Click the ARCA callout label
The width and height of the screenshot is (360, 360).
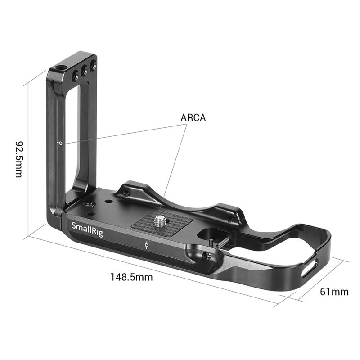pyautogui.click(x=193, y=118)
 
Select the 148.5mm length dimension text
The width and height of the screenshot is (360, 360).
pyautogui.click(x=131, y=277)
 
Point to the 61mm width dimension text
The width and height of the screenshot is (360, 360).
pyautogui.click(x=334, y=292)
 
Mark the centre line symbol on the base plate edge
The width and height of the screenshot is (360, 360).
pyautogui.click(x=147, y=245)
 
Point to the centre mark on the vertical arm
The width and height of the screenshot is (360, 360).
pyautogui.click(x=61, y=144)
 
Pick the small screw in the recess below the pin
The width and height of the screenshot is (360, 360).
pyautogui.click(x=208, y=255)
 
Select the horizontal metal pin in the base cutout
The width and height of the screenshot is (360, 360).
pyautogui.click(x=218, y=243)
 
